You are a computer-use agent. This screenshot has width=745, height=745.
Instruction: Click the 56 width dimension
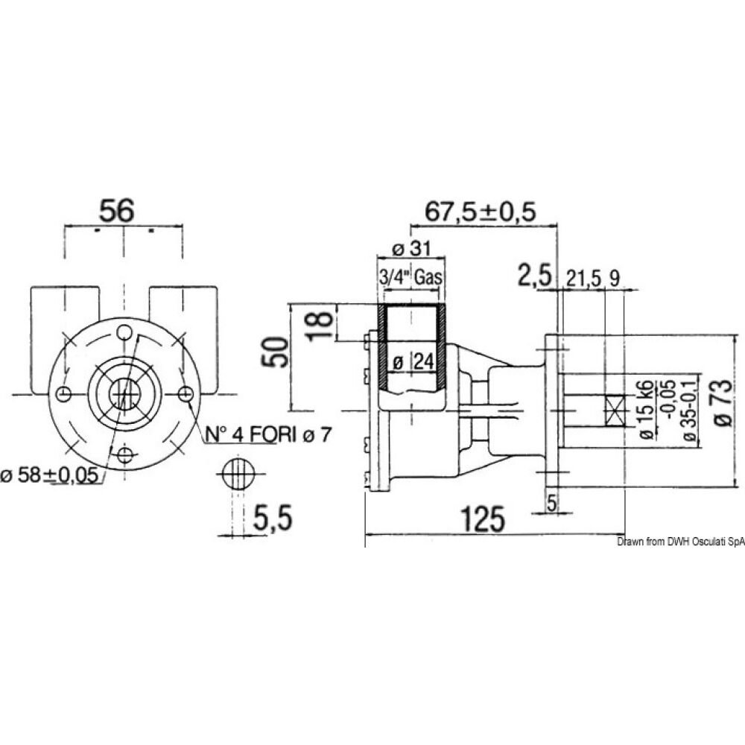pos(117,211)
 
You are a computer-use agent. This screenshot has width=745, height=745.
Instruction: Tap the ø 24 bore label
pos(413,362)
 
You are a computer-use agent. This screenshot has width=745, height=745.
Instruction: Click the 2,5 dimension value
pos(536,277)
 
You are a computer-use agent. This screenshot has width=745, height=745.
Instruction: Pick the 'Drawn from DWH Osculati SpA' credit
pos(680,544)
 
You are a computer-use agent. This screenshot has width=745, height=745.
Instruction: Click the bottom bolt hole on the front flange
pos(125,454)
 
